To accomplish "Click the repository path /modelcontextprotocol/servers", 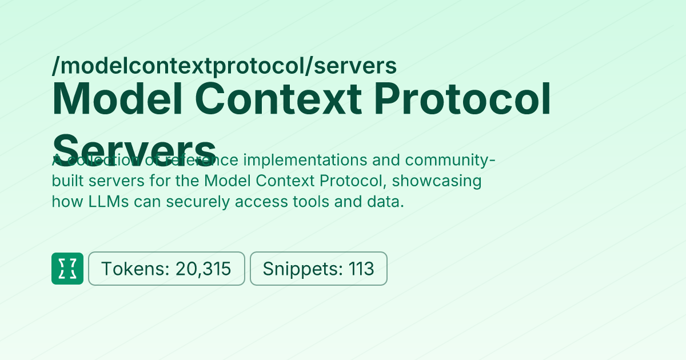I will point(224,67).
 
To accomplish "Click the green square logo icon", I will point(67,269).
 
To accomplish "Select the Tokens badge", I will point(166,269).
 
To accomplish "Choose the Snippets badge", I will point(318,269).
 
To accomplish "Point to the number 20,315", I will point(203,269).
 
